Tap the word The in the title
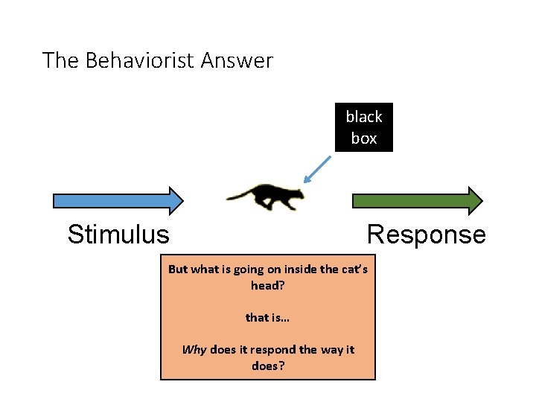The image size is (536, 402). tap(61, 60)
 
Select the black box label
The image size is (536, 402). tap(363, 127)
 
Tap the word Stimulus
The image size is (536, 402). tap(118, 235)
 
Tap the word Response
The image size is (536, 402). tap(426, 235)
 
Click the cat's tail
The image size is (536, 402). tap(240, 196)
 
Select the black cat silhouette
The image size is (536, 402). tap(268, 197)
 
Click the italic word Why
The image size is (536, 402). tap(194, 350)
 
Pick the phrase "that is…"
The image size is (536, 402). tap(268, 318)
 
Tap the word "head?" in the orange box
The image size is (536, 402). tap(268, 285)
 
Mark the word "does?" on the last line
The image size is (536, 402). tap(269, 366)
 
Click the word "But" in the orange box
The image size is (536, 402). tap(178, 269)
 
